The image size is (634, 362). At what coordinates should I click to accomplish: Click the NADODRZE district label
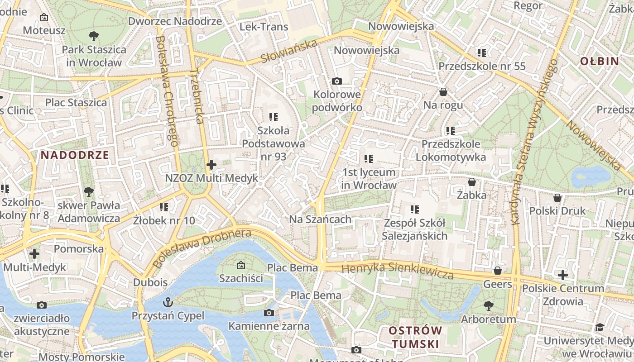(x=75, y=155)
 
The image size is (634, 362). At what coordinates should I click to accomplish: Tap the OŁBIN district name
(x=599, y=61)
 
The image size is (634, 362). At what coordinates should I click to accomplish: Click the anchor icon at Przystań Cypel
(x=168, y=302)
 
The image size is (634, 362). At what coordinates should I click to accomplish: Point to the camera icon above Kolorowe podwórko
(x=336, y=81)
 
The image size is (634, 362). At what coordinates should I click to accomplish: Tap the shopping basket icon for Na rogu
(x=443, y=92)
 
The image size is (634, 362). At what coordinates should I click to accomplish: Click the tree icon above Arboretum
(x=488, y=306)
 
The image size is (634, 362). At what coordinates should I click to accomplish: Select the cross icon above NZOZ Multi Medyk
(x=211, y=165)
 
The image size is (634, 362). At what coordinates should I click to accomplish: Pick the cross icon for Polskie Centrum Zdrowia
(x=562, y=275)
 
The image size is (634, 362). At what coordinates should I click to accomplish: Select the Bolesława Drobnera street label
(x=202, y=248)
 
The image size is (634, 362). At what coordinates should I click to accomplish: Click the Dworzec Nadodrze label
(x=175, y=21)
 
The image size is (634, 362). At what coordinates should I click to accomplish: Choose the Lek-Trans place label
(x=264, y=27)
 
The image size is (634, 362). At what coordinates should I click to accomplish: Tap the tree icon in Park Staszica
(x=94, y=36)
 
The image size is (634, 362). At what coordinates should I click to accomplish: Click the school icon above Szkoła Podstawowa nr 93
(x=273, y=117)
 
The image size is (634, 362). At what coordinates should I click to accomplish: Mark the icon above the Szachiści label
(x=240, y=265)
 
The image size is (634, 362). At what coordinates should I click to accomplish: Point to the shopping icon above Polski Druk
(x=557, y=198)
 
